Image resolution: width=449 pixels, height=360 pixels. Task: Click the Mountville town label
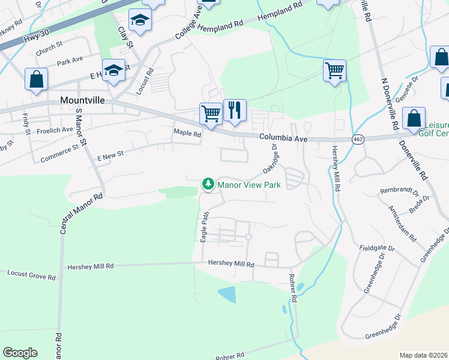coord(84,101)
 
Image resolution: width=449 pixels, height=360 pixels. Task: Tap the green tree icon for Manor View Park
coord(208,184)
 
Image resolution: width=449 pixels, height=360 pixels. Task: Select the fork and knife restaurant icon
coord(235,110)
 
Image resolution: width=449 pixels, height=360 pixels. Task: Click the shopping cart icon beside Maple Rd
coord(211,113)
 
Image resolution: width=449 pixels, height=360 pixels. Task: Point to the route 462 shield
coord(356,139)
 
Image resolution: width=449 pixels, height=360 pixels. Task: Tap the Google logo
coord(20,353)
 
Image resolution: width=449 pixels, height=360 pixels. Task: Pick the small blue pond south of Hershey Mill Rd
coord(228,295)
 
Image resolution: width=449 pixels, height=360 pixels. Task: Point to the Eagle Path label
coord(203,226)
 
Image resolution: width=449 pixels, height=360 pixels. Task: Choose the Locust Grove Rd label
coord(31,274)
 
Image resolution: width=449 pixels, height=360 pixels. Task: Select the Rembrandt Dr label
coord(399,192)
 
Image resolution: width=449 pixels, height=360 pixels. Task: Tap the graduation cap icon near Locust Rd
coord(113,71)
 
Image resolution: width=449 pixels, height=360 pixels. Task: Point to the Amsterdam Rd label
coord(402,224)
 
